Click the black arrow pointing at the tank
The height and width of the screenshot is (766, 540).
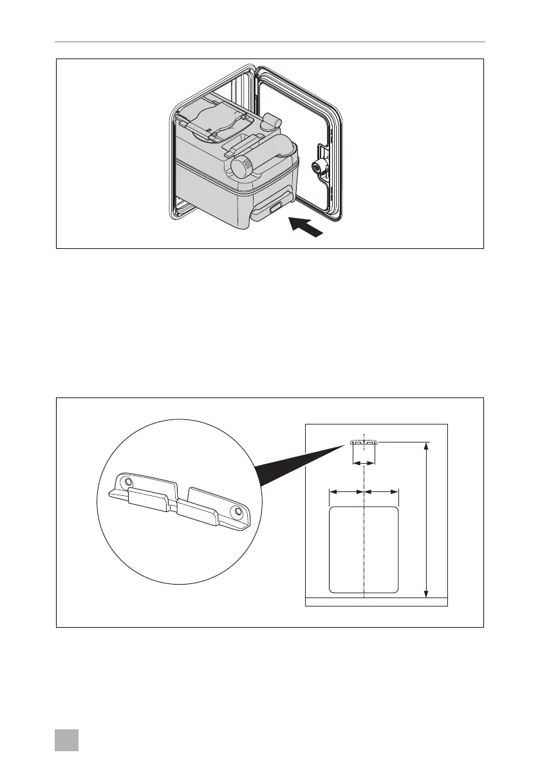(305, 228)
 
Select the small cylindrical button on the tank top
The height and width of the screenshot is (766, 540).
(272, 121)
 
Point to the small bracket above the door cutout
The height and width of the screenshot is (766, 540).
(364, 442)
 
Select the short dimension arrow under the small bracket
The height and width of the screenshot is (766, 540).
(364, 463)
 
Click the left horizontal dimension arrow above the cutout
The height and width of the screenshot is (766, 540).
(346, 492)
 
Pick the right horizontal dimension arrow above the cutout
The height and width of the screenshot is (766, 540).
(382, 492)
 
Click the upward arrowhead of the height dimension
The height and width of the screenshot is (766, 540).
(426, 446)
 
